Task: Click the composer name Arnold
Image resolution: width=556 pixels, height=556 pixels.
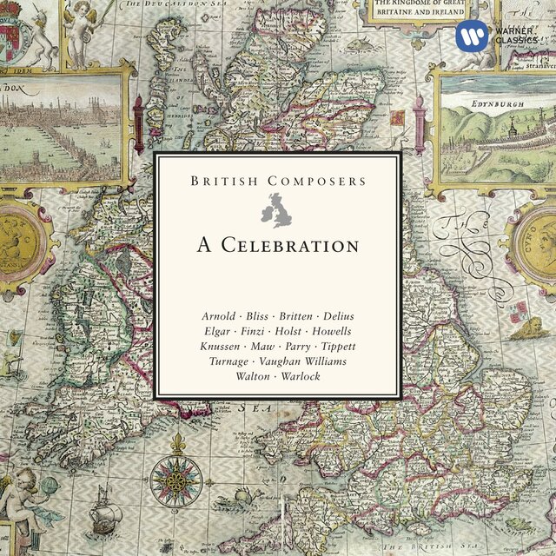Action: pos(220,314)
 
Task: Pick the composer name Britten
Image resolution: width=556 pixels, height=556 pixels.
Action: pos(295,314)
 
